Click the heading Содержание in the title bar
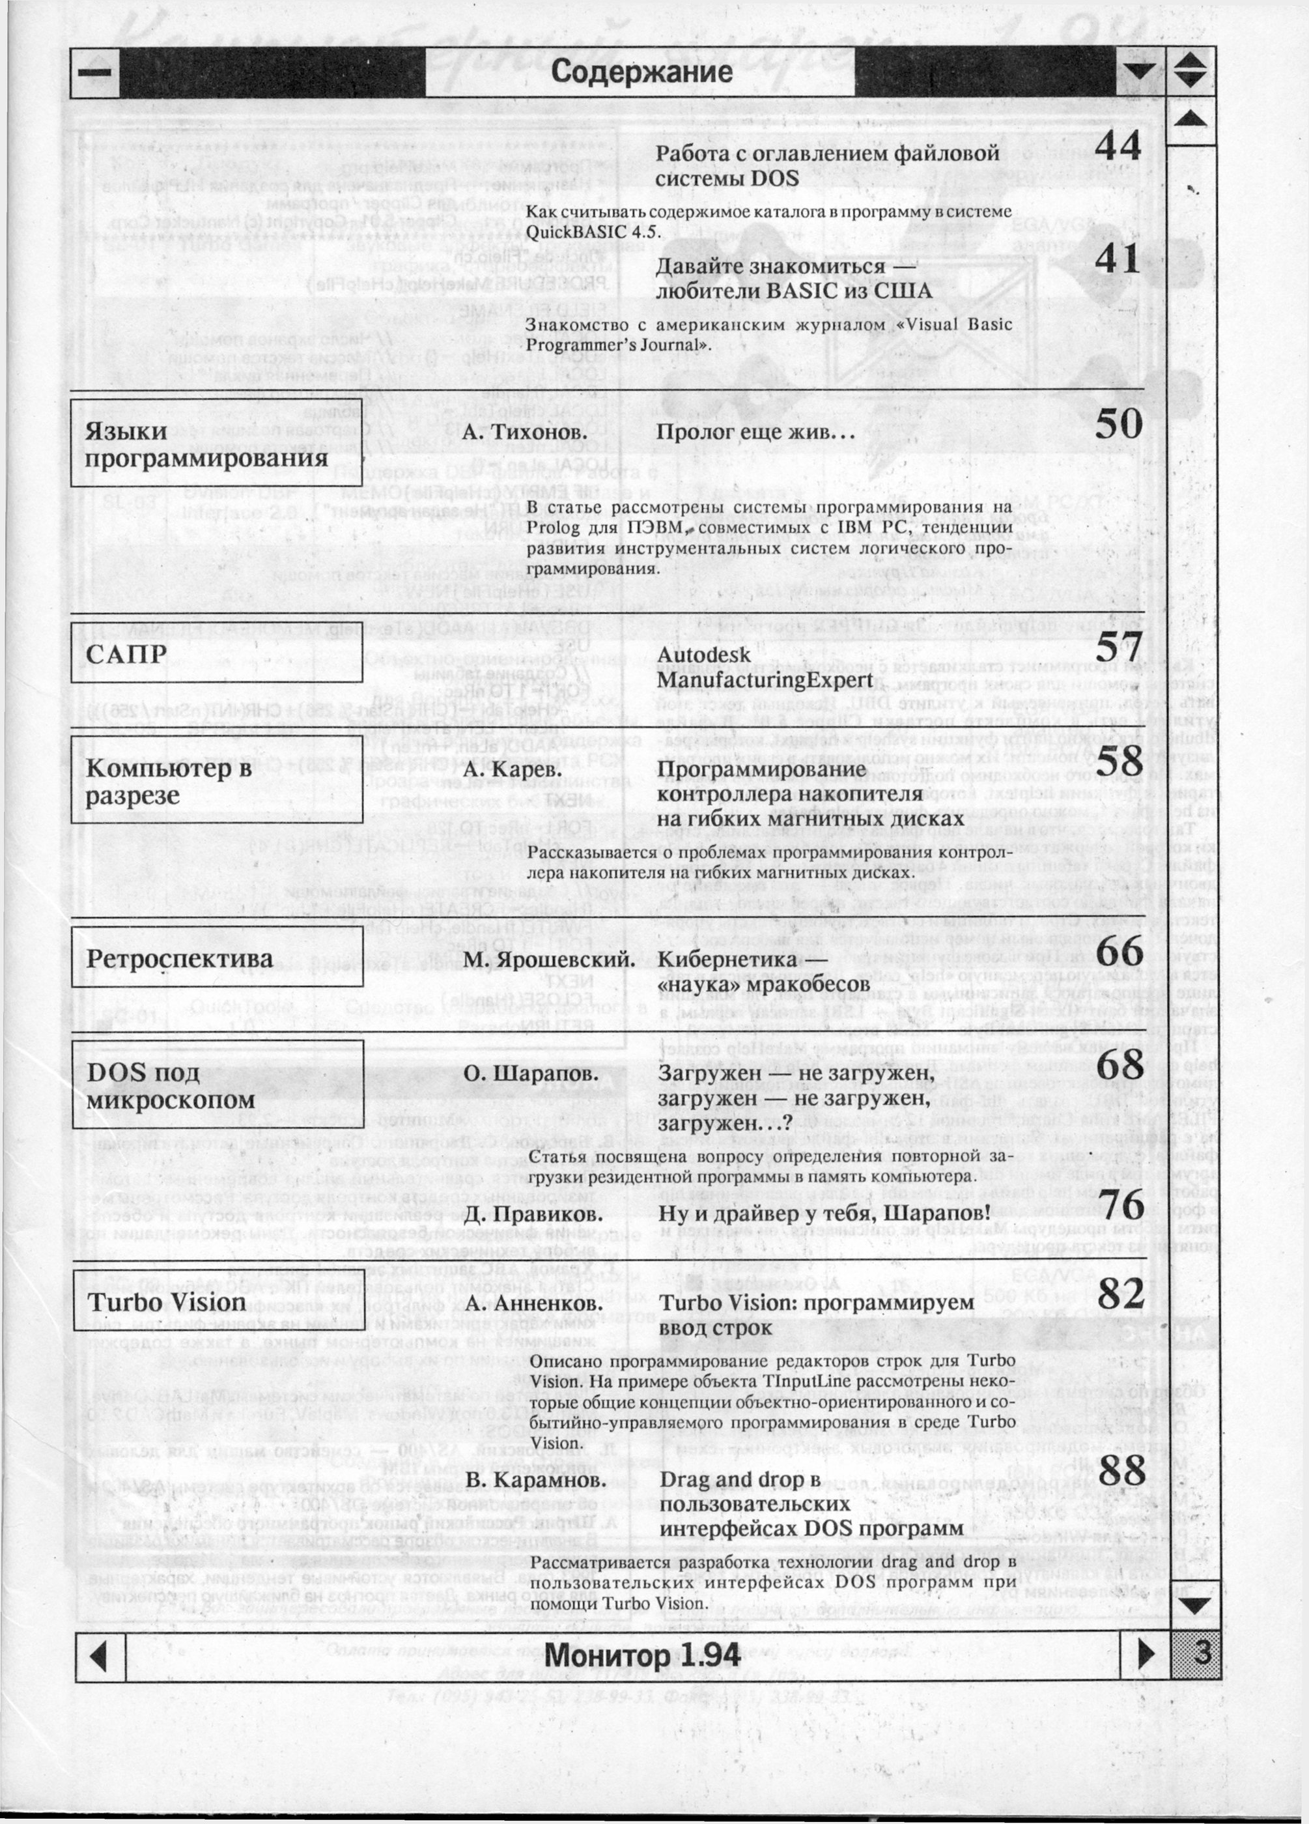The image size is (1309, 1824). click(x=641, y=72)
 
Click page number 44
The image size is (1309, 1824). click(x=1118, y=147)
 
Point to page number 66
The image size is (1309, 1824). click(x=1118, y=954)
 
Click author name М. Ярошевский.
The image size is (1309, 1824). click(x=549, y=960)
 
